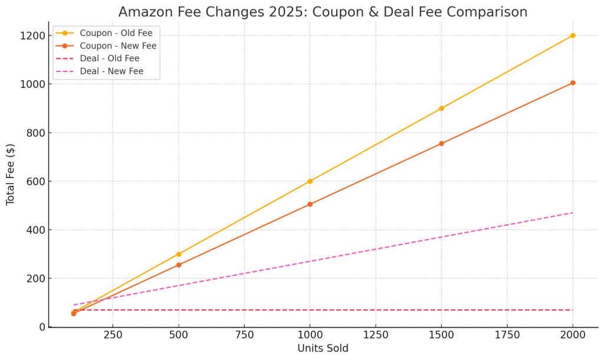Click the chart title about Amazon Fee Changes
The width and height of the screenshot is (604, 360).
tap(323, 12)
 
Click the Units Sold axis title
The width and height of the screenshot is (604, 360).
tap(323, 348)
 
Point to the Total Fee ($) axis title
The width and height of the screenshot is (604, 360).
tap(11, 174)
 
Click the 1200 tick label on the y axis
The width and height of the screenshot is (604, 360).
tap(32, 35)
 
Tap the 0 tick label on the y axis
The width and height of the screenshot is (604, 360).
tap(42, 327)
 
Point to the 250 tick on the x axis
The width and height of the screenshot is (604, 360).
tap(113, 335)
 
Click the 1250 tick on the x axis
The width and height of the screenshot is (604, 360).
tap(375, 335)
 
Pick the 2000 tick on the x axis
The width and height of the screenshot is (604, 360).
tap(572, 335)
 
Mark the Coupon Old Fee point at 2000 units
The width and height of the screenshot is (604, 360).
tap(573, 35)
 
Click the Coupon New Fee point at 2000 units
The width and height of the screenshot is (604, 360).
tap(573, 83)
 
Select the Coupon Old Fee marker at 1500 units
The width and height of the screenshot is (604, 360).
tap(441, 109)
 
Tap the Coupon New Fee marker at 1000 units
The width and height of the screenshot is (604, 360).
tap(310, 204)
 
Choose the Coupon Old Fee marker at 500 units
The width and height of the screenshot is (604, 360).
tap(179, 254)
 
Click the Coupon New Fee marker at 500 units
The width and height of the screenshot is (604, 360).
tap(179, 265)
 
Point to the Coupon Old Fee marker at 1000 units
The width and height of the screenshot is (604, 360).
tap(310, 181)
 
